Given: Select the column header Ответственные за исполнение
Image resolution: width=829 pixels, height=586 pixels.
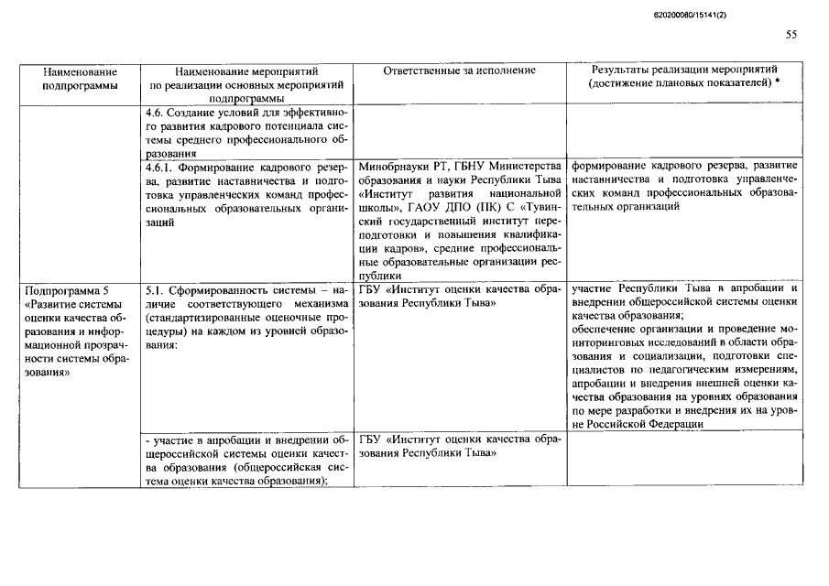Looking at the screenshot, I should (x=461, y=70).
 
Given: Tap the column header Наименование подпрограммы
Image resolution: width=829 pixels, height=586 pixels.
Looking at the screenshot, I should (x=80, y=77).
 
